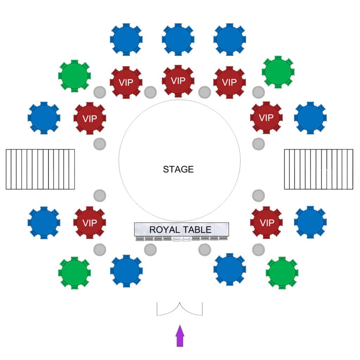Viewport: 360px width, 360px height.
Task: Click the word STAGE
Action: (178, 169)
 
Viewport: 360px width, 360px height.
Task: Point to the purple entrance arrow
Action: (180, 336)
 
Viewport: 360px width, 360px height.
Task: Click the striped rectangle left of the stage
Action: (40, 169)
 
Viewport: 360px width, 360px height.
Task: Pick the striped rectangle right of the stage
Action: (319, 169)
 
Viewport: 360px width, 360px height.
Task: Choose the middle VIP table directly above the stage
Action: (178, 81)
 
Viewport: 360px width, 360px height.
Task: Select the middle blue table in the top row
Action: (178, 39)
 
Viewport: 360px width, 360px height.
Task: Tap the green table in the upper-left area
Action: (75, 76)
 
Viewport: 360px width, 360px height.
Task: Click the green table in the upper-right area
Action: (278, 72)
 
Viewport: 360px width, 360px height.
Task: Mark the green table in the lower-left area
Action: (75, 273)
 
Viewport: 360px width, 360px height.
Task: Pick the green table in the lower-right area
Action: (282, 273)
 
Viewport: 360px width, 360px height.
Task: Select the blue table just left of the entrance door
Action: (126, 271)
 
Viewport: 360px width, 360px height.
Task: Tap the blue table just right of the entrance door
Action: (230, 269)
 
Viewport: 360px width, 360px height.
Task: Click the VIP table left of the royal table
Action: (90, 223)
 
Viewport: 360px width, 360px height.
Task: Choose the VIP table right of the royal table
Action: (266, 223)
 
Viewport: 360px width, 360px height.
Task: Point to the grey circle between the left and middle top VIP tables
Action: (150, 92)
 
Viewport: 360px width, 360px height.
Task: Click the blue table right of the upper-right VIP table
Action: (310, 118)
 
